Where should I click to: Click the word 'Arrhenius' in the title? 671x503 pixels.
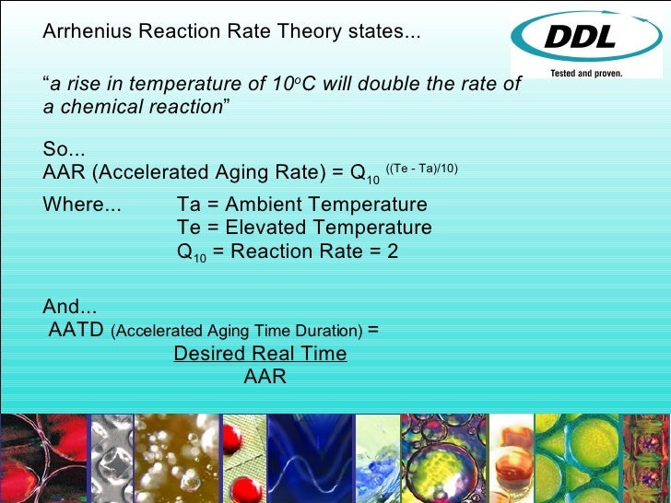(x=88, y=32)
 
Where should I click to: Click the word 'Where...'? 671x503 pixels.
(x=82, y=205)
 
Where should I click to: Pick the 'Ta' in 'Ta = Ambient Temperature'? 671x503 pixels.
(x=189, y=205)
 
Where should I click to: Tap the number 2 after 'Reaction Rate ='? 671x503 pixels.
(x=393, y=251)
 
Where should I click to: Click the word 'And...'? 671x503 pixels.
(x=70, y=308)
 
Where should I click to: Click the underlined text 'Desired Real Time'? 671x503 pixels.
(x=260, y=354)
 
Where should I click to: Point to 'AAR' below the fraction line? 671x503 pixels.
(x=265, y=377)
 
